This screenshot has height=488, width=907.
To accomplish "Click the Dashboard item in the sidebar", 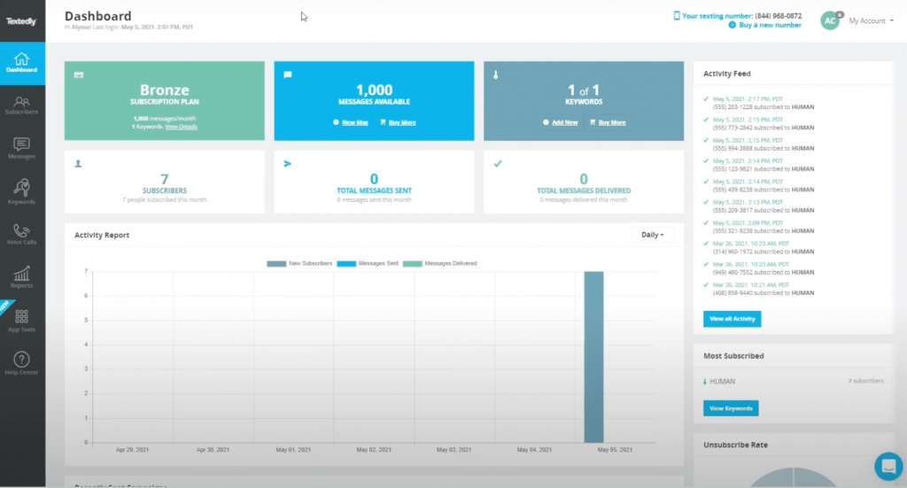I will (x=22, y=62).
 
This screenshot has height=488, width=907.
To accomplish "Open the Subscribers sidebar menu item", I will (x=22, y=105).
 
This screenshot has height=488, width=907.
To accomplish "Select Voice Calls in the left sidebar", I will (x=22, y=234).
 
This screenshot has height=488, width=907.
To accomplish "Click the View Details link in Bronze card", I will (x=182, y=127).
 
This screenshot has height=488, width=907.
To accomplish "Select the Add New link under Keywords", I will (x=564, y=122).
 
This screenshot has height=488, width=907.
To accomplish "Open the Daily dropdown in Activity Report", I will (x=652, y=235).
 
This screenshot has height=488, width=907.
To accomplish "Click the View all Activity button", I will (x=732, y=319).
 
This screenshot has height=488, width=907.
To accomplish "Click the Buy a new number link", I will (x=770, y=25).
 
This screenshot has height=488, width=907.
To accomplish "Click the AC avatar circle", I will (x=830, y=20).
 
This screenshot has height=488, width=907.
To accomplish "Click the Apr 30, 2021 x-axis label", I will (x=213, y=450).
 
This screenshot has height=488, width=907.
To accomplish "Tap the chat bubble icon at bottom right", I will (x=887, y=465).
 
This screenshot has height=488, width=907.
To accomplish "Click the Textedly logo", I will (x=21, y=21).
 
